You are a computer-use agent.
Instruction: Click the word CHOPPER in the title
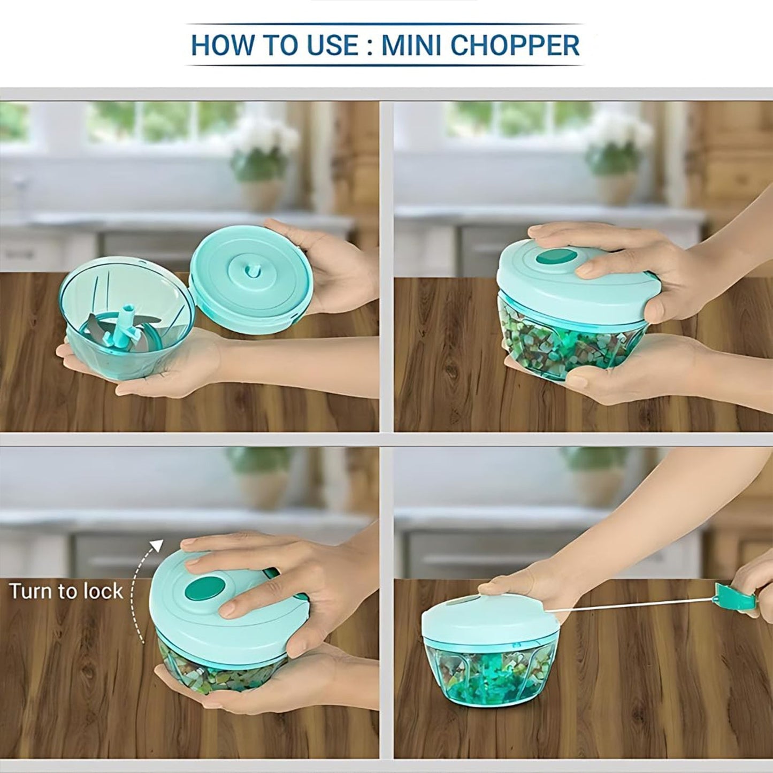coord(515,45)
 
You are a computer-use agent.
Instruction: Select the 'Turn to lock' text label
coord(66,592)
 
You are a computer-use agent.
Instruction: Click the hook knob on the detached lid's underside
coord(251,272)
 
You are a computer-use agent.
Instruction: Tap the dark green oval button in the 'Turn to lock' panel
coord(205,589)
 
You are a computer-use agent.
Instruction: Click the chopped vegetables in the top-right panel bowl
coord(556,342)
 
